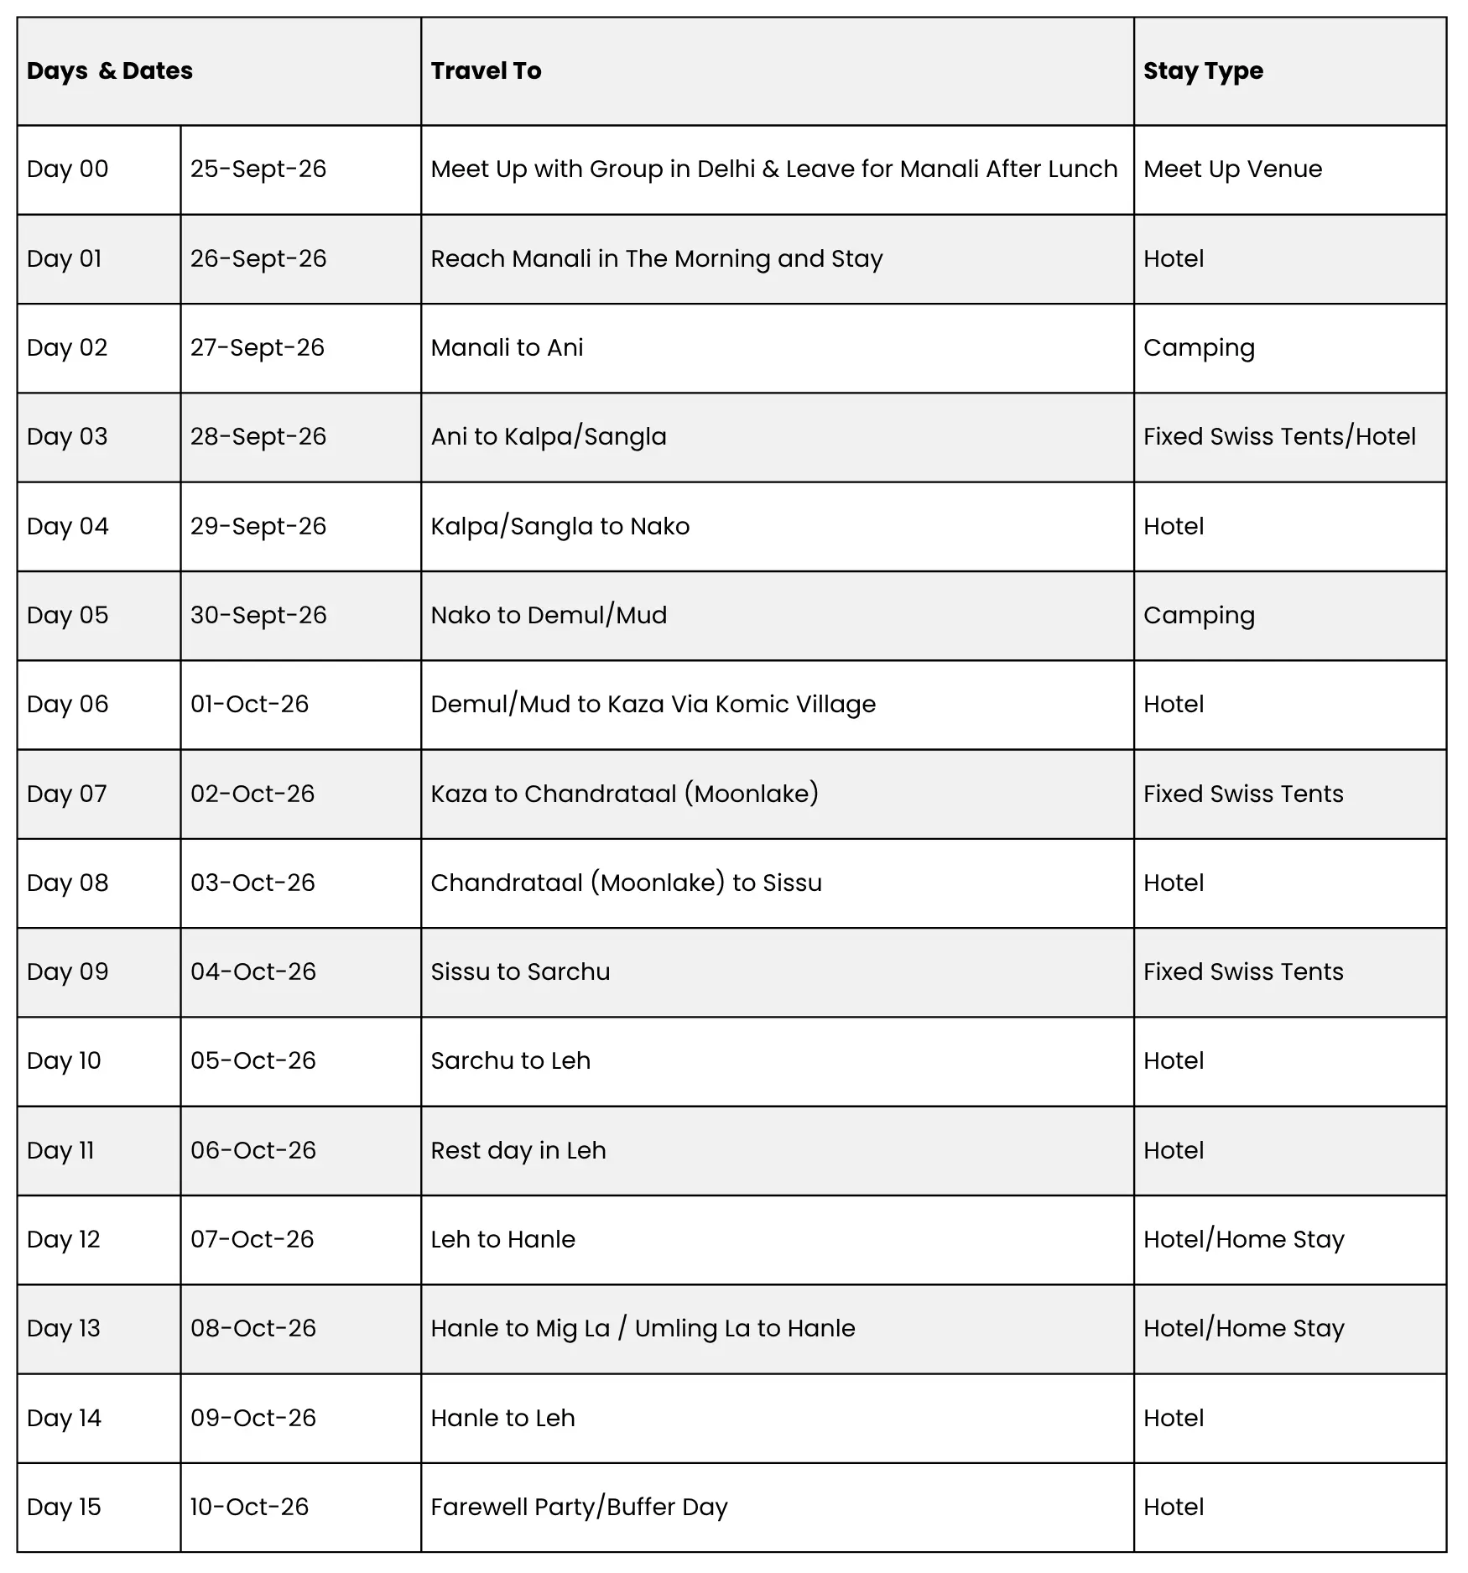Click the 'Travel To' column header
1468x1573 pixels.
coord(486,71)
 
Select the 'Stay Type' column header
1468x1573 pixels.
coord(1203,71)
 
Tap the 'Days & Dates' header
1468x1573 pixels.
coord(110,71)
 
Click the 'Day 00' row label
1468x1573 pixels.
coord(68,169)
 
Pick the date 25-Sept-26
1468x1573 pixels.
coord(258,169)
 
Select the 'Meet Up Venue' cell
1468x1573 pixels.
coord(1232,169)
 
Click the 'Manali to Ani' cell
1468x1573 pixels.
coord(507,348)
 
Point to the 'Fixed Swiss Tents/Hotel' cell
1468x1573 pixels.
coord(1279,437)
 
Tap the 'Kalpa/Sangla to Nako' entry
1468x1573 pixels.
coord(560,527)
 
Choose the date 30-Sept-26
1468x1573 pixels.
coord(258,616)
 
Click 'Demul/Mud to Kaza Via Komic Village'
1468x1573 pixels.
coord(653,705)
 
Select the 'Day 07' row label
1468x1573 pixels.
coord(67,794)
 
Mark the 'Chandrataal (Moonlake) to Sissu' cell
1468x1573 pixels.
coord(626,883)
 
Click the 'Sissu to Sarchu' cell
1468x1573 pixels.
coord(520,972)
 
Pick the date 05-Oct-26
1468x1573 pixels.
coord(253,1061)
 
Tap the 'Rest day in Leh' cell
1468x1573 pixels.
coord(518,1151)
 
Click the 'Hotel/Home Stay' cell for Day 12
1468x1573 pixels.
coord(1243,1240)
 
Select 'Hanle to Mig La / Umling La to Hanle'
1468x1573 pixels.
coord(643,1329)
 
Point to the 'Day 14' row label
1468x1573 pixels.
coord(64,1419)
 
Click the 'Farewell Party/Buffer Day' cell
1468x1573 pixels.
coord(579,1508)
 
